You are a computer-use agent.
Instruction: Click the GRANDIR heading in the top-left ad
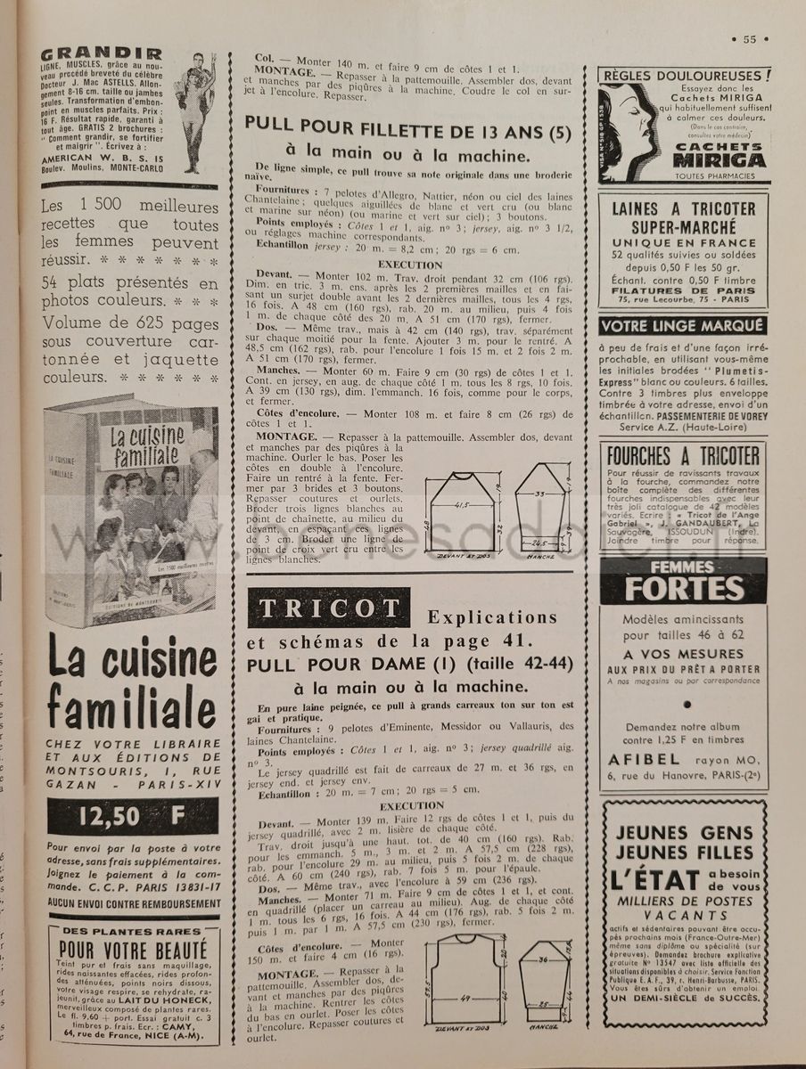pos(103,53)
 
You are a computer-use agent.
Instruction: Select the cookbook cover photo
pos(132,499)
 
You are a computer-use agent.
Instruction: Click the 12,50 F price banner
pos(132,816)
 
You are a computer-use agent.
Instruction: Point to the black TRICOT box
pos(330,608)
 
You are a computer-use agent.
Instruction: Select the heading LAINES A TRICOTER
pos(685,209)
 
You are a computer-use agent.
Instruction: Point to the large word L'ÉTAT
pos(657,880)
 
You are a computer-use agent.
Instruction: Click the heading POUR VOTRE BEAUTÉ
pos(133,950)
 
